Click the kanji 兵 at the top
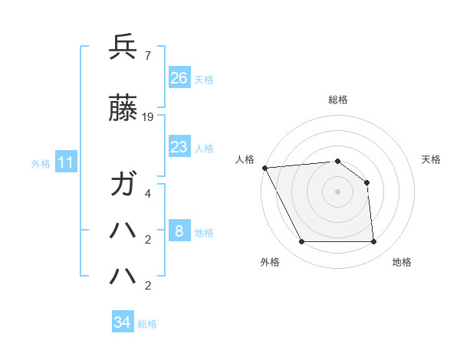click(123, 47)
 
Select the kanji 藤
click(123, 110)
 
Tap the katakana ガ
click(123, 186)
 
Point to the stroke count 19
click(148, 117)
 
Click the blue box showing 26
click(179, 78)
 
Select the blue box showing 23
click(179, 147)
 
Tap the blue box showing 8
click(179, 231)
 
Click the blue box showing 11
click(66, 162)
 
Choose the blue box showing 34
click(122, 322)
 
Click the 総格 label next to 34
click(147, 324)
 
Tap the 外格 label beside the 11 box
click(41, 163)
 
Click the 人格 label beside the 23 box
click(204, 148)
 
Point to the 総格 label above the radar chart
click(337, 100)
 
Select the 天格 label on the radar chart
click(431, 159)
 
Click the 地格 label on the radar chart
click(402, 262)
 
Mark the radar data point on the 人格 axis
click(264, 168)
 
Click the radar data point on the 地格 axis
click(373, 242)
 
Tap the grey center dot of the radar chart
click(337, 191)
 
